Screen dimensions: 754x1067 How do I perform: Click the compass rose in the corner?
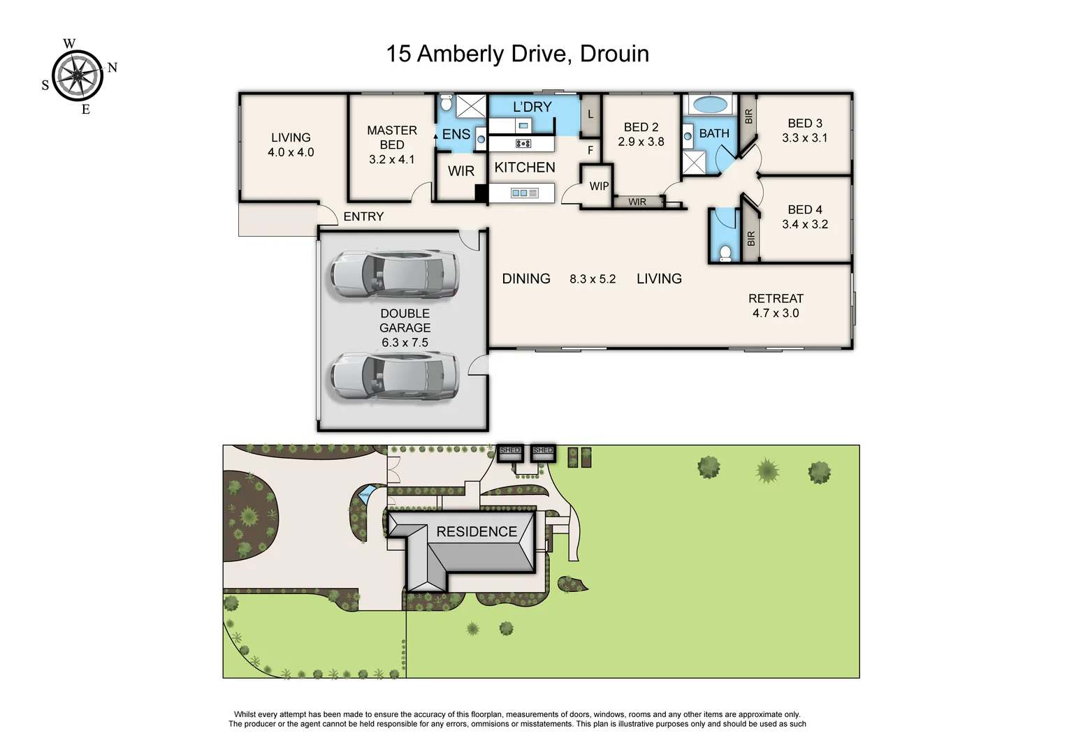78,75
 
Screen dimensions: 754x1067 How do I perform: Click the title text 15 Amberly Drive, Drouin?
517,54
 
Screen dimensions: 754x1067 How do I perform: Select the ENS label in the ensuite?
456,135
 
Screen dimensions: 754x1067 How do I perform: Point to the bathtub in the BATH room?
710,105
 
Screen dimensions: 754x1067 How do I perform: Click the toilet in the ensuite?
447,104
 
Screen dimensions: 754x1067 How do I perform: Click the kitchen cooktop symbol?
523,143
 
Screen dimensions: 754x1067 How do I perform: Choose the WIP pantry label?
599,186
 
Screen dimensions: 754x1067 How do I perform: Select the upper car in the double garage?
394,275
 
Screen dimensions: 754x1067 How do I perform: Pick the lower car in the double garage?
394,376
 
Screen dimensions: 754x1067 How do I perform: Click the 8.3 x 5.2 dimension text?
593,279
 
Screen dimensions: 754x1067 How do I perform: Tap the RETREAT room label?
776,299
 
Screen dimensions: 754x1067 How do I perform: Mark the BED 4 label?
804,209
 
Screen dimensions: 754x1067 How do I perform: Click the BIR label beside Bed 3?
748,117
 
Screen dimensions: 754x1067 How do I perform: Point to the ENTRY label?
363,216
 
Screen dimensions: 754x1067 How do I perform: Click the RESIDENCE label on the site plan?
477,532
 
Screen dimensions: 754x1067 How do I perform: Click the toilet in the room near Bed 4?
725,252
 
